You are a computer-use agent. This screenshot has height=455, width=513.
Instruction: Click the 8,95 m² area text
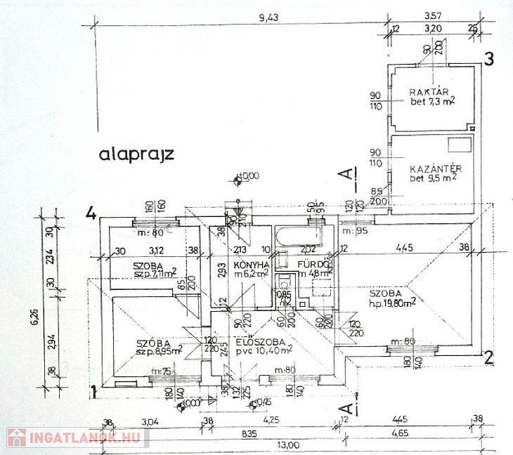[x=161, y=350]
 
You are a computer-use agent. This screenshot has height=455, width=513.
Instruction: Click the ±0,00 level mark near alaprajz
[x=247, y=176]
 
